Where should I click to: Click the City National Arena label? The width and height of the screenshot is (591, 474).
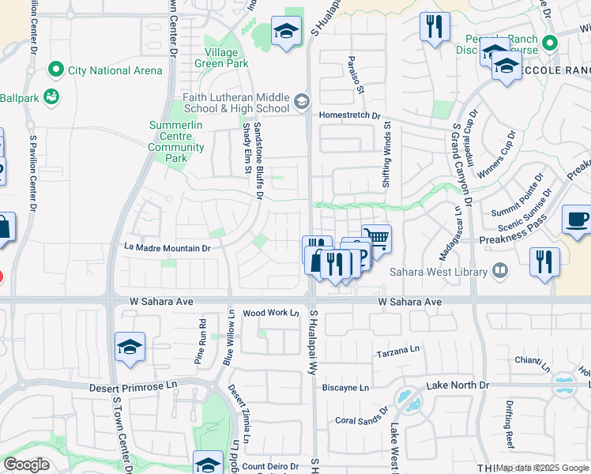pyautogui.click(x=115, y=70)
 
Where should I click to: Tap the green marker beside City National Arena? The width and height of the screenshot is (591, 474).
pyautogui.click(x=55, y=70)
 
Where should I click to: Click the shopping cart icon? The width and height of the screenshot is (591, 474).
pyautogui.click(x=377, y=238)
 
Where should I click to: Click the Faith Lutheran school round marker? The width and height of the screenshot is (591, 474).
pyautogui.click(x=301, y=101)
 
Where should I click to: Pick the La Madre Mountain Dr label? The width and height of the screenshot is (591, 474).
pyautogui.click(x=167, y=248)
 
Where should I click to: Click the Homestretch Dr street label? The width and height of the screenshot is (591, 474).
pyautogui.click(x=350, y=115)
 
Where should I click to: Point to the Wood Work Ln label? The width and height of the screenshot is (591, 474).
pyautogui.click(x=270, y=313)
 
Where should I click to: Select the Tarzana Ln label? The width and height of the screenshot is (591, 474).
pyautogui.click(x=398, y=353)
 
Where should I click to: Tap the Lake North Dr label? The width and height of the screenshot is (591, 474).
pyautogui.click(x=458, y=385)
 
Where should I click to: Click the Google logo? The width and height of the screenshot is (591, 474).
pyautogui.click(x=27, y=465)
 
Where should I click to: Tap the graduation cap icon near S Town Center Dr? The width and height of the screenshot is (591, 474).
pyautogui.click(x=130, y=347)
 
